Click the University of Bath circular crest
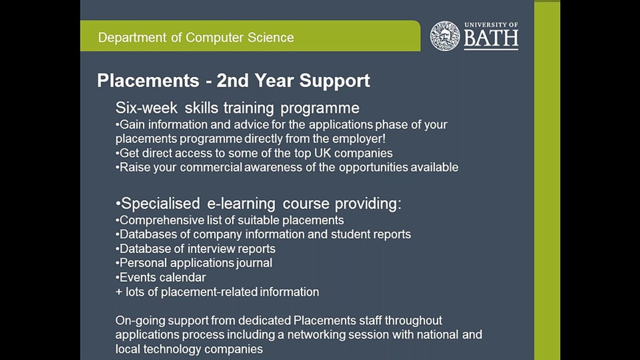(x=444, y=35)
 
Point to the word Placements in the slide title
(x=148, y=80)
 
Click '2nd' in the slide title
(x=232, y=80)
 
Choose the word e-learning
(x=241, y=203)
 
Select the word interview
(x=210, y=248)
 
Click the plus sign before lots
(x=119, y=292)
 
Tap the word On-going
(x=140, y=320)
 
